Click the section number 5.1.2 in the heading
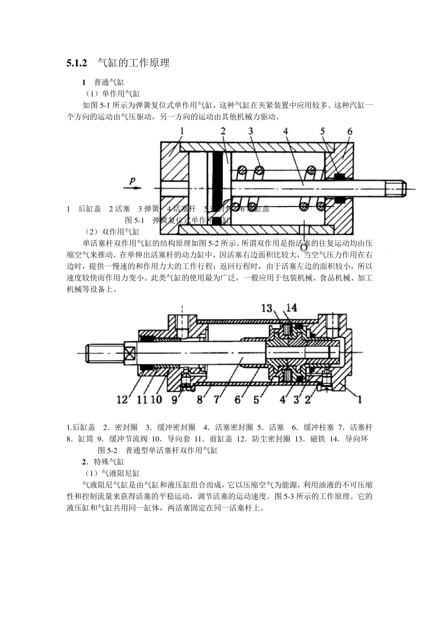tap(77, 63)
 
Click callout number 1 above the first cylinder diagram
tap(182, 131)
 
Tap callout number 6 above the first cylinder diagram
tap(350, 131)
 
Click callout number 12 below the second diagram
tap(122, 399)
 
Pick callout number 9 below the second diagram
tap(174, 399)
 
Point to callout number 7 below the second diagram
tap(217, 399)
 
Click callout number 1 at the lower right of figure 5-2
tap(360, 398)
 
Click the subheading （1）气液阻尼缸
tap(111, 473)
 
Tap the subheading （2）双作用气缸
tap(111, 231)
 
